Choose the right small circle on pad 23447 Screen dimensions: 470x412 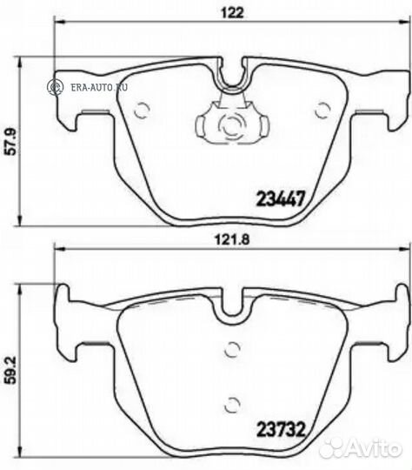coord(323,109)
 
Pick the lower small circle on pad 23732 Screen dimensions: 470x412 coord(231,403)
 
